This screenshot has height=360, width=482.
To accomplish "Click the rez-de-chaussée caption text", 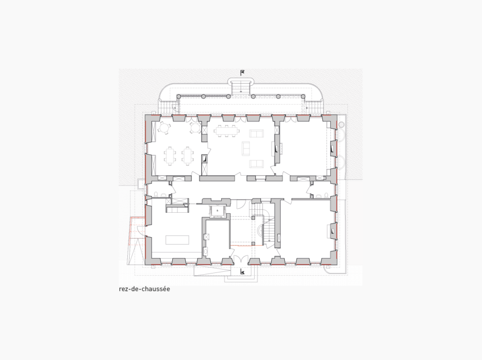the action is (x=144, y=289).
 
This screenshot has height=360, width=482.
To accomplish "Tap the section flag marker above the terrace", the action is (x=242, y=73).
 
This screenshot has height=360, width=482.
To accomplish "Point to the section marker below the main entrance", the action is (x=243, y=272).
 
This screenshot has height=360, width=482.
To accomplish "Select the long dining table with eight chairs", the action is (x=227, y=131).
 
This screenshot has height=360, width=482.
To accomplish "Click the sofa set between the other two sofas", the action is (x=246, y=148).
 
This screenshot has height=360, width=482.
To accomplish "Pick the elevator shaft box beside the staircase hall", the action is (x=218, y=211).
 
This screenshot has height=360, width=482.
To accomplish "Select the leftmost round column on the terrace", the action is (x=178, y=97).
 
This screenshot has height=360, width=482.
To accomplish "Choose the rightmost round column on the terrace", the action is (x=303, y=97).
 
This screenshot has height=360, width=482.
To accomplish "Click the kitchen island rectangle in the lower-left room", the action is (x=177, y=239).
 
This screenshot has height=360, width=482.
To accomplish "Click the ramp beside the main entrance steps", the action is (x=213, y=271).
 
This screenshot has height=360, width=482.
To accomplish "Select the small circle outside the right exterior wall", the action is (x=341, y=125).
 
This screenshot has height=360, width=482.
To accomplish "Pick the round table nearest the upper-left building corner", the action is (x=164, y=127).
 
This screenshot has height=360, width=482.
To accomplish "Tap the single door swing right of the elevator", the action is (x=242, y=204).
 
